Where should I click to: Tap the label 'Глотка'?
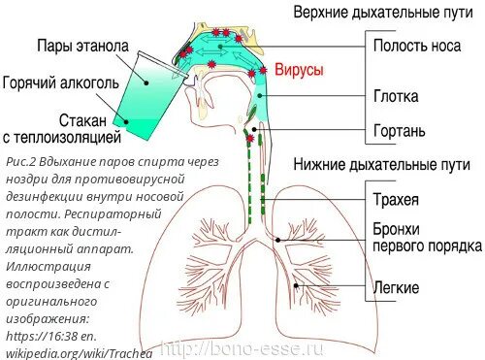tap(399, 96)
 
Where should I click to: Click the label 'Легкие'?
tap(396, 288)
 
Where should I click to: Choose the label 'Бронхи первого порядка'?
tap(426, 238)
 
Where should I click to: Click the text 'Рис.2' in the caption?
tap(20, 160)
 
